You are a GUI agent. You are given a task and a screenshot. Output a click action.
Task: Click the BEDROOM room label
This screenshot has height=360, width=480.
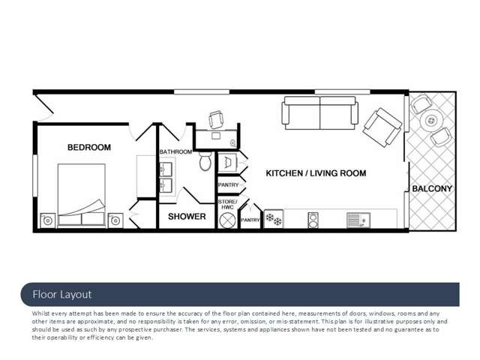[89, 148]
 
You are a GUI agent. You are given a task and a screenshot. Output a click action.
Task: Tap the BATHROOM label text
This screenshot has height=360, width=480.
[175, 151]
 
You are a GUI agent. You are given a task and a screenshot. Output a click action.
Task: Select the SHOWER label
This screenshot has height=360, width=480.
[187, 217]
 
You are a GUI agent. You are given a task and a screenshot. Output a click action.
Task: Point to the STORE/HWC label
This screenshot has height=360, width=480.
[227, 205]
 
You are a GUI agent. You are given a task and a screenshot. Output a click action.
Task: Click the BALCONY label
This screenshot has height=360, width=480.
[432, 188]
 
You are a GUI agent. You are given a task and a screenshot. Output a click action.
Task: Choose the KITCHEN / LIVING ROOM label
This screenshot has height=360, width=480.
[316, 173]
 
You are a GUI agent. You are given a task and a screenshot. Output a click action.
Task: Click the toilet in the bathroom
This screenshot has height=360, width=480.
[205, 161]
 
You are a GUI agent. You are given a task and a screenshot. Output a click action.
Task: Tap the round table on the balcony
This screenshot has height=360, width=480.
[431, 120]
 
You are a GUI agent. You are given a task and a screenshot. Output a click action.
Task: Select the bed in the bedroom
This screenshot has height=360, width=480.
[82, 195]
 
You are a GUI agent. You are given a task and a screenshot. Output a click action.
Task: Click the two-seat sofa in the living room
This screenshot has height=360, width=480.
[320, 113]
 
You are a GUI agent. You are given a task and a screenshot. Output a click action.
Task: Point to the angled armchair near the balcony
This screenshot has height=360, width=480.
[382, 127]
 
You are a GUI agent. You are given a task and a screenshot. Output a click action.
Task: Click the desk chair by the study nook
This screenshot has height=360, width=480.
[216, 119]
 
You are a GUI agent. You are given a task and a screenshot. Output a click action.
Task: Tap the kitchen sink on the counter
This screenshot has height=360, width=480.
[358, 220]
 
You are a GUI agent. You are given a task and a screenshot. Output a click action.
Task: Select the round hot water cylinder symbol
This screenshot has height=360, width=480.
[227, 220]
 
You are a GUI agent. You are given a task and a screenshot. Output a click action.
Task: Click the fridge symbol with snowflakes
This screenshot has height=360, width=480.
[274, 219]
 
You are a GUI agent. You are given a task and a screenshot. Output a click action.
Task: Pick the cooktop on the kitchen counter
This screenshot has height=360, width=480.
[313, 220]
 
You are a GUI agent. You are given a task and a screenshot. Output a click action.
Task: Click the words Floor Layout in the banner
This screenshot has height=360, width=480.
[62, 295]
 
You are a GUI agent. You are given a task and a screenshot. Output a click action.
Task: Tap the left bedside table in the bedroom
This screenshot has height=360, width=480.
[48, 220]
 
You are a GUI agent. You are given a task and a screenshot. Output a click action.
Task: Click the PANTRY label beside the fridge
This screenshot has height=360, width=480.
[250, 220]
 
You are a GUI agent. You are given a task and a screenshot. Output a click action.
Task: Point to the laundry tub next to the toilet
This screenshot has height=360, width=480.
[227, 162]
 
